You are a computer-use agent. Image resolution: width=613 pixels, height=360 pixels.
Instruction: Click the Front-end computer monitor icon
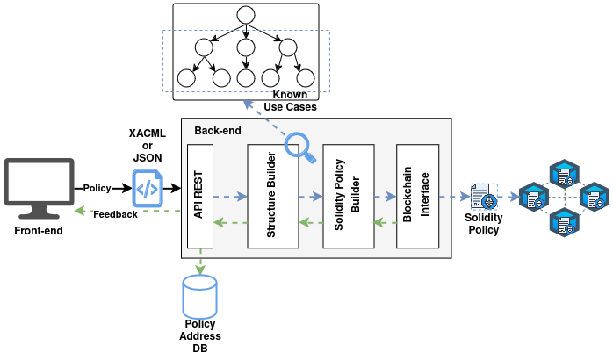pos(40,187)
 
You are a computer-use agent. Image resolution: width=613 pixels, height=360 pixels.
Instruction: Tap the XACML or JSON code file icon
pos(147,188)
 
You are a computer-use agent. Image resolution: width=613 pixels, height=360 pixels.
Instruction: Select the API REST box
pos(201,194)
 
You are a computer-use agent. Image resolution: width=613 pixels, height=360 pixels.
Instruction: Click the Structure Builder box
pos(273,194)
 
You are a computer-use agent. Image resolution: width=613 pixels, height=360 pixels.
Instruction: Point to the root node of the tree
pos(245,15)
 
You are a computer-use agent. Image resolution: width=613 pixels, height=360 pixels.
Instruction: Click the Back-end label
pos(217,131)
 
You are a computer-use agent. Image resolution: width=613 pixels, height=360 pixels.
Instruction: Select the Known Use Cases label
pos(290,100)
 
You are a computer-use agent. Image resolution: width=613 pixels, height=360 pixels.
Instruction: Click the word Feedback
pos(115,213)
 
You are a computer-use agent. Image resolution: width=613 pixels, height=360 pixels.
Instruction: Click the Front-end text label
pos(40,231)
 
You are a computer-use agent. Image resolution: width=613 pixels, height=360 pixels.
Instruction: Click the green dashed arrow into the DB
pos(201,263)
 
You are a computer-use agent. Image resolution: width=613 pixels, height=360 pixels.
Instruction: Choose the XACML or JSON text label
pos(147,145)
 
